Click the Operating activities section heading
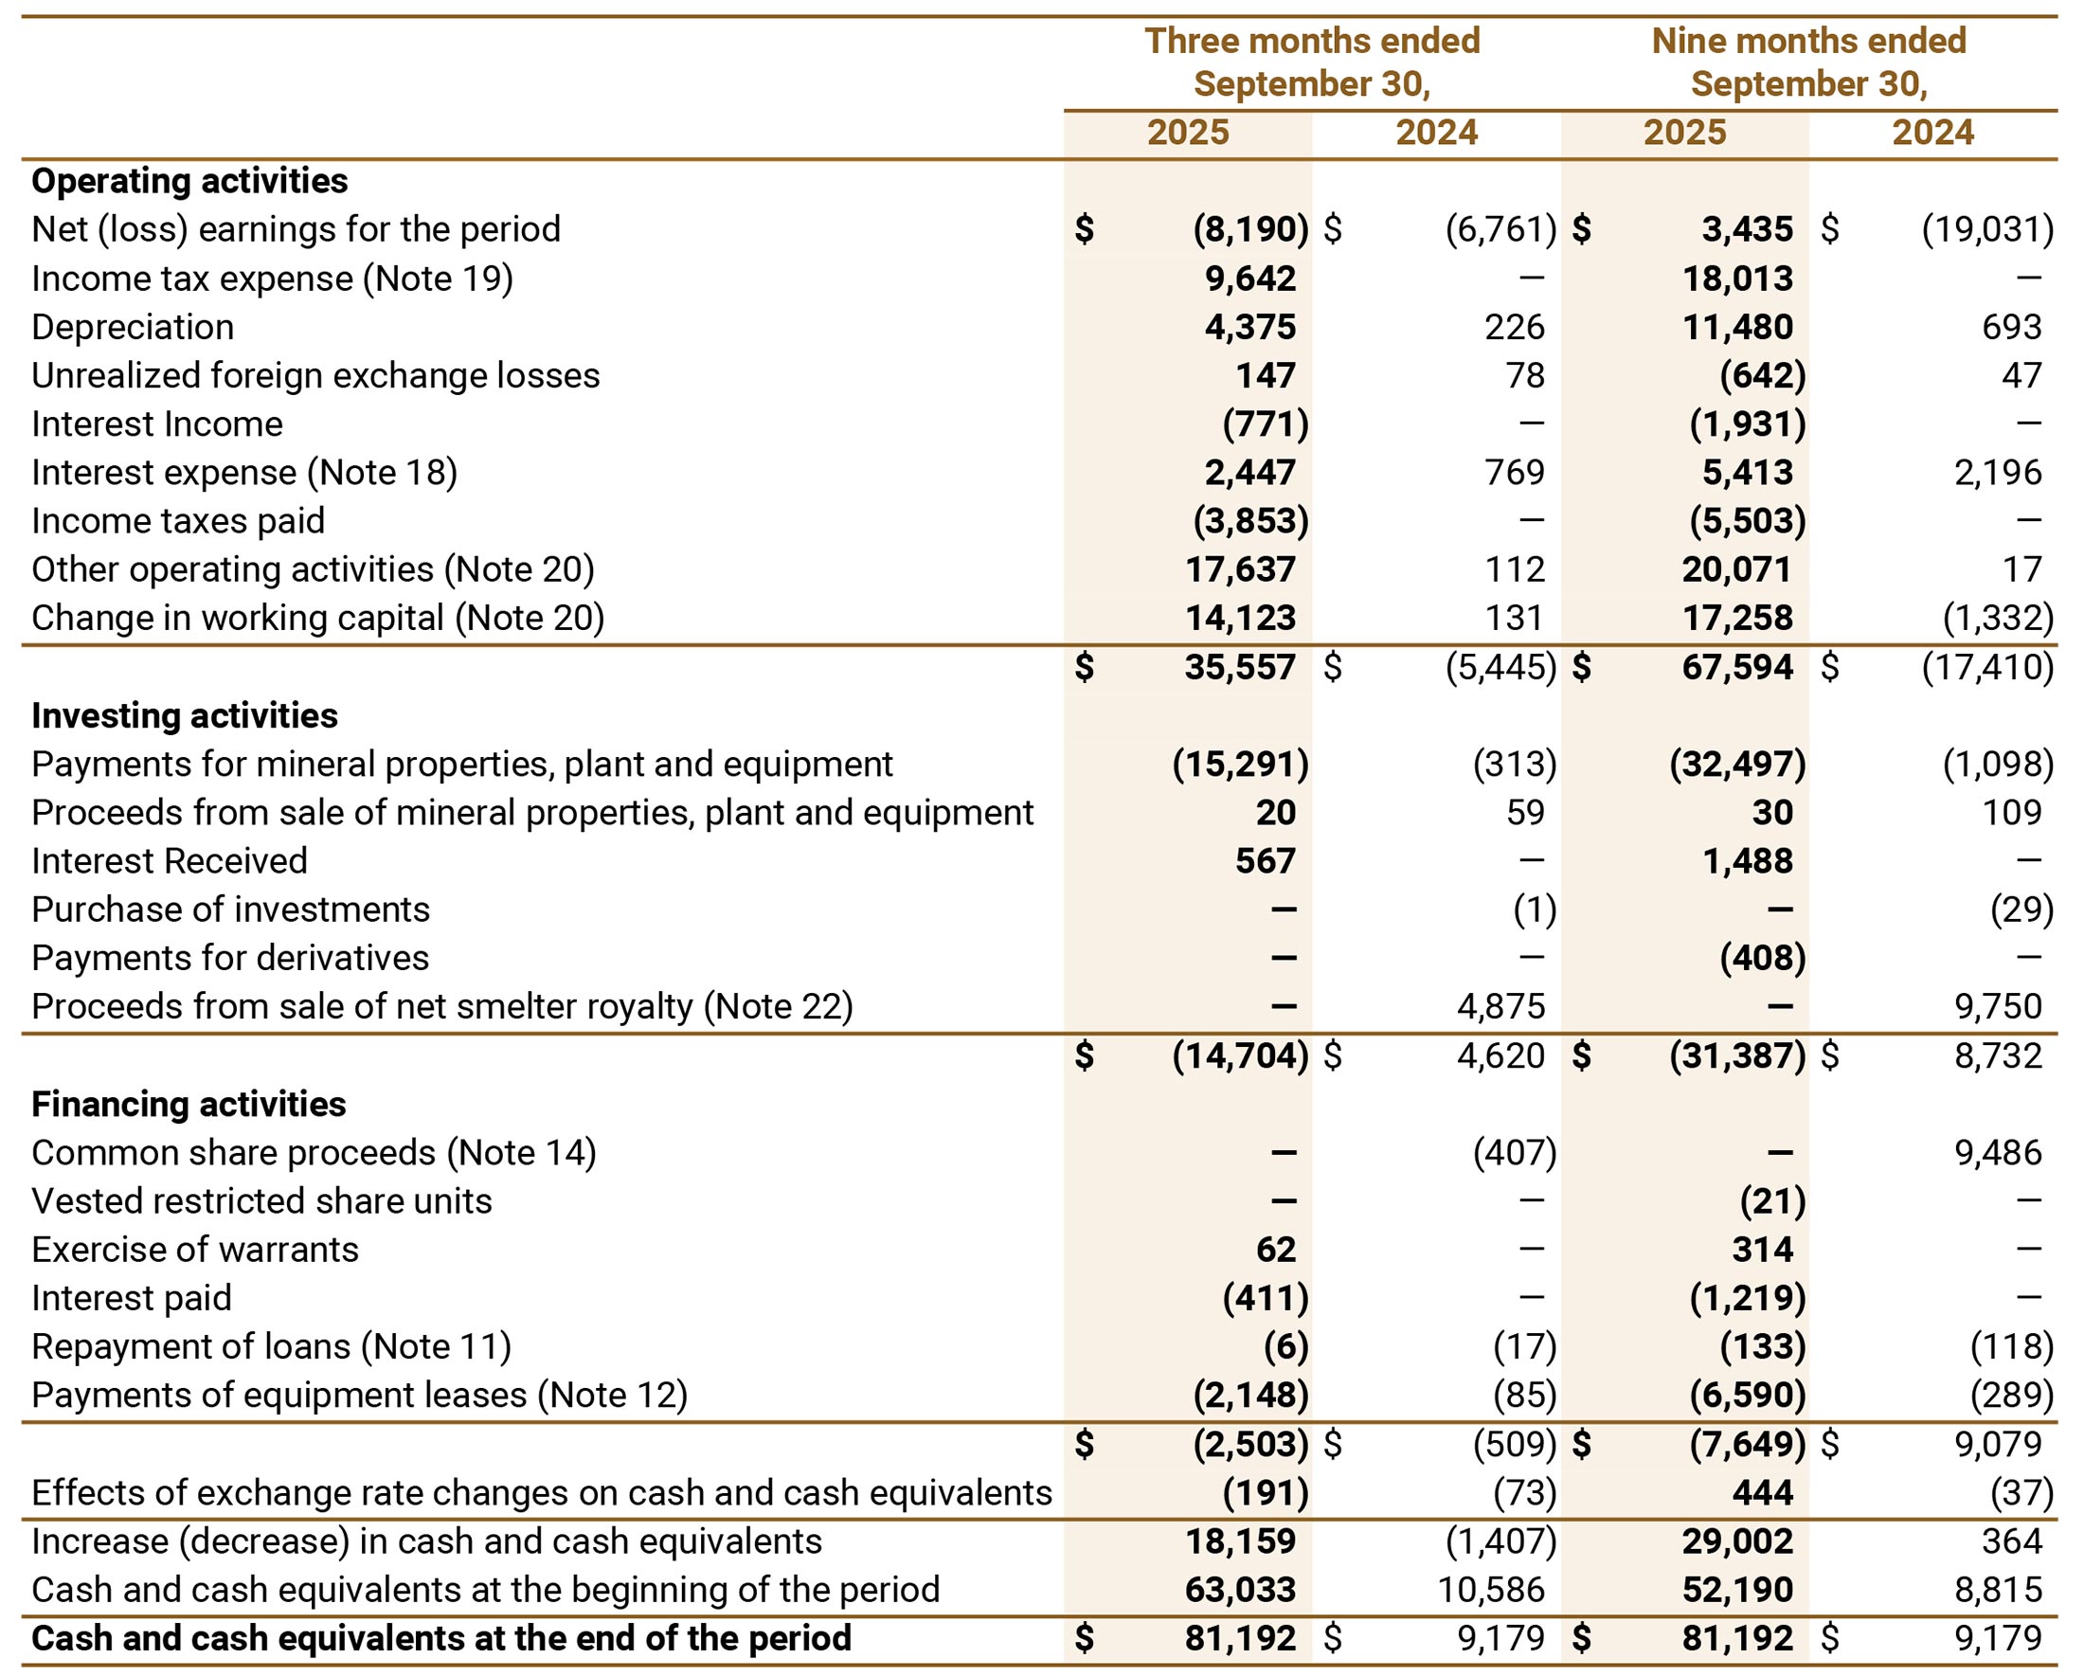189,181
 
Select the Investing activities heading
185,715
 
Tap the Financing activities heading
189,1104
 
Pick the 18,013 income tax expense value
1737,279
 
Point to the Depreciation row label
133,327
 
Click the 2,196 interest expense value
1997,473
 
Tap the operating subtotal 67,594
1737,667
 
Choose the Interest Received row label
170,861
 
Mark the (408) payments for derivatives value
1762,958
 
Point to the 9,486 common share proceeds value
1997,1152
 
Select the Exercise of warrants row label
194,1250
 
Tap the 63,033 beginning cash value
1240,1590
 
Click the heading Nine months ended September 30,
1808,62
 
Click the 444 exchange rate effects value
1762,1492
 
